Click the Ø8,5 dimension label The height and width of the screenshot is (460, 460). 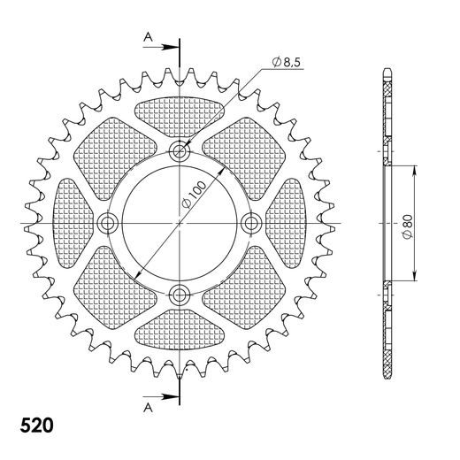click(x=288, y=61)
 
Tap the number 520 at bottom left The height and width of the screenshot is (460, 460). click(x=35, y=425)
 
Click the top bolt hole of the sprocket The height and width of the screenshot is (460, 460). click(x=180, y=150)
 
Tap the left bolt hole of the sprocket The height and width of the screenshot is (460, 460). click(x=109, y=222)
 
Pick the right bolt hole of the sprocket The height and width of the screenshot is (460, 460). click(x=251, y=222)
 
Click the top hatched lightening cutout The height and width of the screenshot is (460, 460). click(x=180, y=114)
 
